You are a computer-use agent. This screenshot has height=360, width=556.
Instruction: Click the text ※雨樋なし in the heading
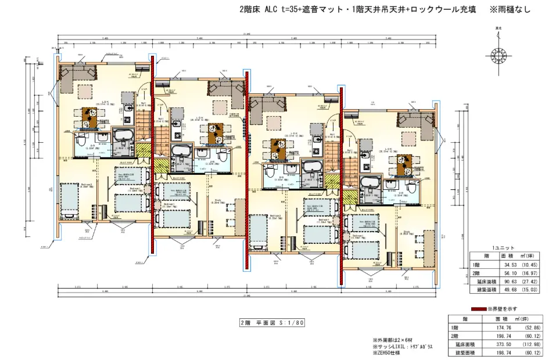pos(511,10)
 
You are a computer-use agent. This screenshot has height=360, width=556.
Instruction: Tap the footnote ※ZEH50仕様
pos(389,353)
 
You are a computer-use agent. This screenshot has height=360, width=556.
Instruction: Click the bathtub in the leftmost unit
pos(123,138)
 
